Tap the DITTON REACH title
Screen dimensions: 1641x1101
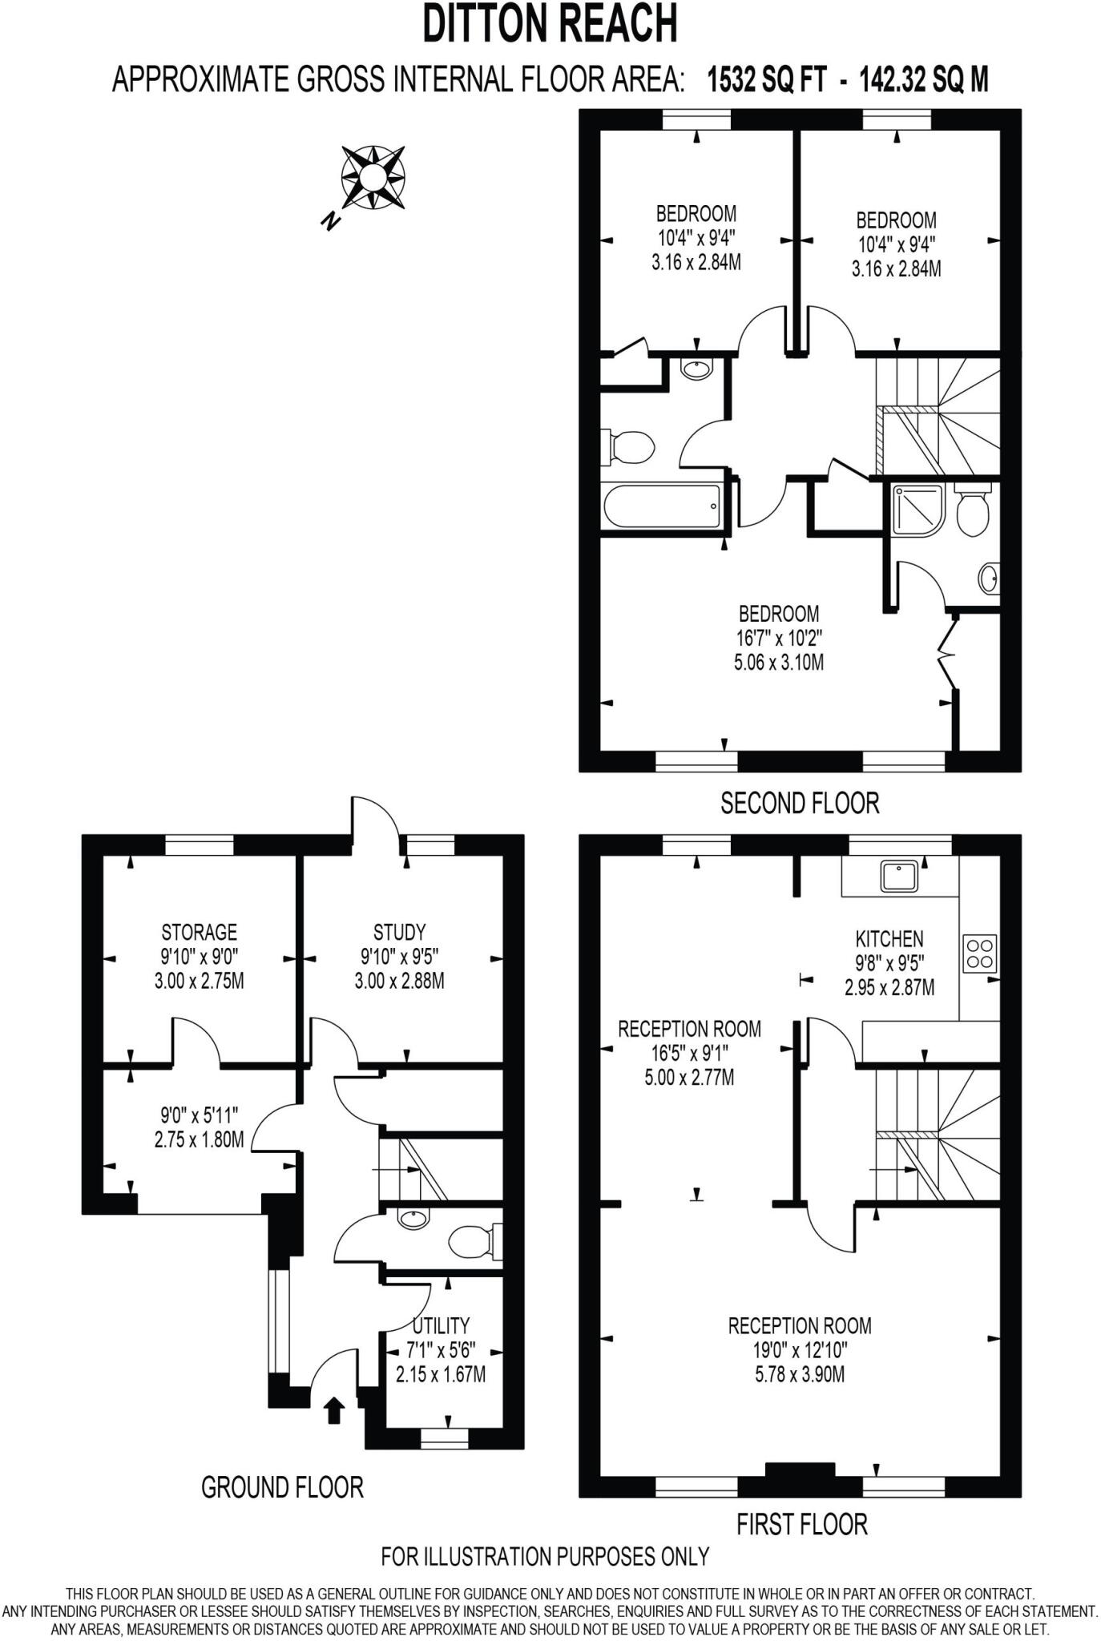[x=550, y=24]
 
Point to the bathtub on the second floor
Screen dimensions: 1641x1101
[x=662, y=506]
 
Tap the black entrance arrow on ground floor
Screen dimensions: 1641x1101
[x=334, y=1409]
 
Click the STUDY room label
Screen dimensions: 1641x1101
[x=399, y=932]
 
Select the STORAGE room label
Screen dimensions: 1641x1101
[x=199, y=932]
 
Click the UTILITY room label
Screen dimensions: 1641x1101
[x=441, y=1326]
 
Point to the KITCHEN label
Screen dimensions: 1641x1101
[x=889, y=938]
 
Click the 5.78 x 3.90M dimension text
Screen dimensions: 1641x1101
[x=800, y=1375]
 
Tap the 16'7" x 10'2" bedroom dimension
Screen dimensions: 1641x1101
[x=779, y=639]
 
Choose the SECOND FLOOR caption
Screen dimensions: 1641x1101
[x=800, y=803]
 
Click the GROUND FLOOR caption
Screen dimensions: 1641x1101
[x=282, y=1488]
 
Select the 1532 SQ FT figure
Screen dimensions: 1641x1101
[x=765, y=80]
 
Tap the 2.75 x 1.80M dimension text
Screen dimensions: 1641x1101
[x=199, y=1139]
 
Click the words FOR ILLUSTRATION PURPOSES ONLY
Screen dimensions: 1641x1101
[x=545, y=1557]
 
